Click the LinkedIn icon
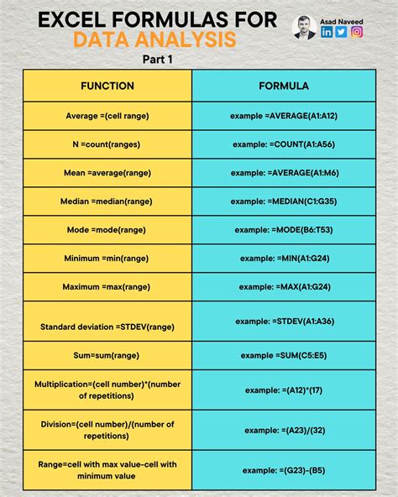(x=327, y=32)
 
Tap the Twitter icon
(x=341, y=32)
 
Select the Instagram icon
(x=356, y=32)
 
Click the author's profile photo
(x=303, y=28)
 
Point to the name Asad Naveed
(x=341, y=19)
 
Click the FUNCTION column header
(x=107, y=86)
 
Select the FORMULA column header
(x=284, y=86)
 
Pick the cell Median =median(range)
(x=107, y=201)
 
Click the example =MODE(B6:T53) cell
(x=284, y=229)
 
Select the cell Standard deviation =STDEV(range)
(x=107, y=321)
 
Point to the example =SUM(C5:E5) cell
(x=284, y=356)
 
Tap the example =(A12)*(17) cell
(x=284, y=390)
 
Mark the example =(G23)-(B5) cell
(x=284, y=470)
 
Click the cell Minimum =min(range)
(x=107, y=258)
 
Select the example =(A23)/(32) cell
(x=284, y=430)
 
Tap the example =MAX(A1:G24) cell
(x=284, y=286)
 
